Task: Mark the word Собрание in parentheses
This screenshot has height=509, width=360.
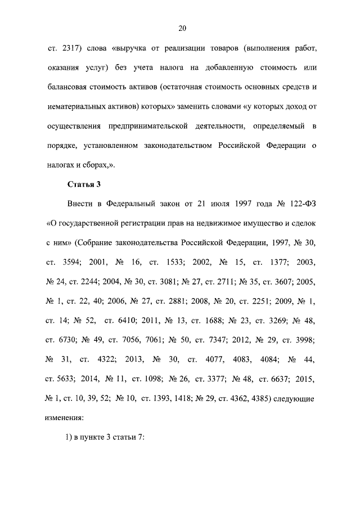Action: (94, 244)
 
